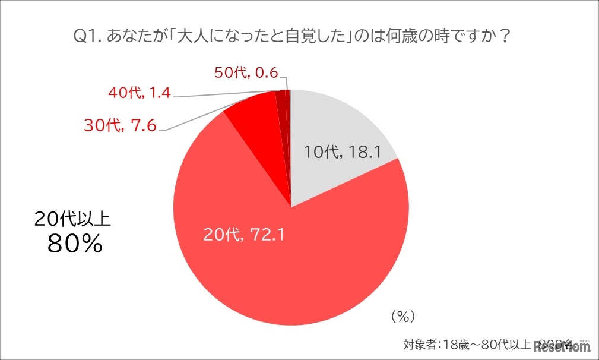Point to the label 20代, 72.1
click(x=245, y=235)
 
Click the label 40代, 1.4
click(x=140, y=93)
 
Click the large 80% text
click(x=74, y=244)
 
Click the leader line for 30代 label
click(x=196, y=116)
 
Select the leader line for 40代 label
click(x=226, y=94)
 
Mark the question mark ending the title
click(x=505, y=37)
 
